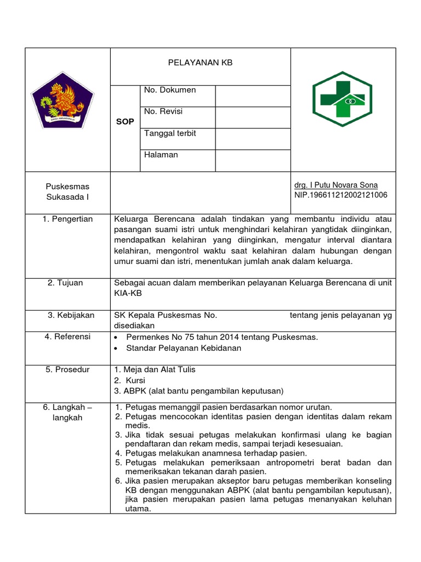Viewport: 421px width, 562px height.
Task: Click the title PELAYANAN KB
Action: (200, 63)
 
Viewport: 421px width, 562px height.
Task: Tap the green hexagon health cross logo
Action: (342, 99)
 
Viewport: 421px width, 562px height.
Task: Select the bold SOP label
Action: (125, 122)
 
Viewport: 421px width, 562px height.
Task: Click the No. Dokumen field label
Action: (169, 90)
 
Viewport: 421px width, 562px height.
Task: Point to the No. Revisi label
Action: (163, 111)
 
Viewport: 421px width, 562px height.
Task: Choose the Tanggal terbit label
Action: (170, 133)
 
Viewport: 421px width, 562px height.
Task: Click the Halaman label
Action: (161, 155)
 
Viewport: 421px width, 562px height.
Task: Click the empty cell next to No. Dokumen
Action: (253, 95)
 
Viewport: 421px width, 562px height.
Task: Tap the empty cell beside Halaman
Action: (253, 160)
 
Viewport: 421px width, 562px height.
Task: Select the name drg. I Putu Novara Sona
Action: (336, 185)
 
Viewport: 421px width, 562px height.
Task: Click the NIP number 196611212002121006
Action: (340, 195)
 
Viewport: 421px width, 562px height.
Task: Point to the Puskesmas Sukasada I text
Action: (68, 192)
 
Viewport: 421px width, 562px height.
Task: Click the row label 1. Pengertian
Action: (68, 219)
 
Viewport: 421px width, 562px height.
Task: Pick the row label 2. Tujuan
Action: (65, 283)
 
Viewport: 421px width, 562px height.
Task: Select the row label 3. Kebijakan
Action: (71, 315)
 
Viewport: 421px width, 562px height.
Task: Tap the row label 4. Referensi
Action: (67, 336)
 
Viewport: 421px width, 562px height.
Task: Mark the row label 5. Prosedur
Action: (67, 369)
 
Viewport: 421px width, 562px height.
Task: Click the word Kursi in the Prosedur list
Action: (135, 380)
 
